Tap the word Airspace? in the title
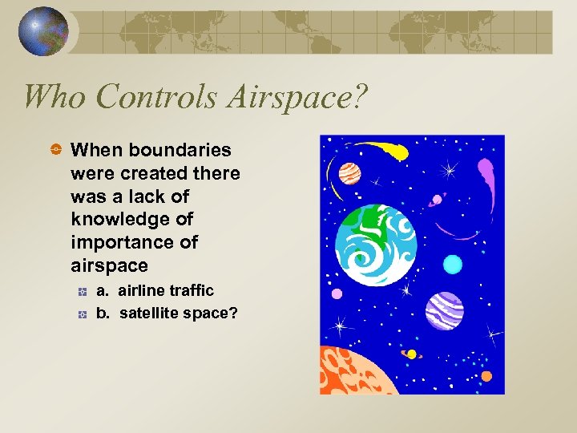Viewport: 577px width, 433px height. point(293,97)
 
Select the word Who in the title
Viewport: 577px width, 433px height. point(54,97)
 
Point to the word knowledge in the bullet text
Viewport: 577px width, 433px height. point(131,219)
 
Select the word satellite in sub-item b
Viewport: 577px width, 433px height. point(148,313)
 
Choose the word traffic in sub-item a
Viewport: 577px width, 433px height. point(192,290)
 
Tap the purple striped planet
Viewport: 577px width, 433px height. point(444,311)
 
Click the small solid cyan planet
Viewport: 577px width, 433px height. point(453,264)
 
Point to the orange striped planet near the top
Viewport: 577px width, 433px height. point(349,172)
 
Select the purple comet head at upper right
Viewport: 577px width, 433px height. point(486,170)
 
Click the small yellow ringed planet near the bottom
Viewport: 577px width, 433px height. point(411,354)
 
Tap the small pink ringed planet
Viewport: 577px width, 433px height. point(438,200)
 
